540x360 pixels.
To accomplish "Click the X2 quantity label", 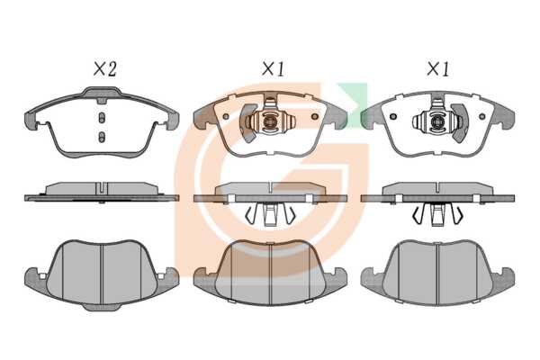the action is [105, 69].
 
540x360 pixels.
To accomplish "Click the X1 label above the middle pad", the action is [273, 69].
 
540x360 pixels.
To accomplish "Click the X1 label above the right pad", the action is [438, 69].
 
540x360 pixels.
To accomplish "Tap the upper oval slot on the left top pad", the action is [102, 118].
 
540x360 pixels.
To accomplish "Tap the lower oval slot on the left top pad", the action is [102, 137].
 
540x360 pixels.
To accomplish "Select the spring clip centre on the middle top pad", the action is [269, 121].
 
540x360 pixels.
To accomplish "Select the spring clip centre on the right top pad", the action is [437, 121].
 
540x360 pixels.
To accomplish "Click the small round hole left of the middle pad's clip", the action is [226, 116].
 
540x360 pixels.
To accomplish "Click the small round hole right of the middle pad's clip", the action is [314, 116].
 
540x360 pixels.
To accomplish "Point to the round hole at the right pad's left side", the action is [393, 116].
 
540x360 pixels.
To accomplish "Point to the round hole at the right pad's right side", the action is [482, 116].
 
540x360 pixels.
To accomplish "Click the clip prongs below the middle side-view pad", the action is [270, 214].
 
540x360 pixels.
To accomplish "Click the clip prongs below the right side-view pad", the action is [437, 214].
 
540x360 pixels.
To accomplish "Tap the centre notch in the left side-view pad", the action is [102, 188].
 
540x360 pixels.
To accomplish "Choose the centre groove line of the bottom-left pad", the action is [102, 274].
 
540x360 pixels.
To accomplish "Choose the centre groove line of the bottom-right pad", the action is [437, 274].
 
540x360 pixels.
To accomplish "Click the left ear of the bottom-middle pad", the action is [205, 278].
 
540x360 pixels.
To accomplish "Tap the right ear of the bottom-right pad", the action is [504, 278].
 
